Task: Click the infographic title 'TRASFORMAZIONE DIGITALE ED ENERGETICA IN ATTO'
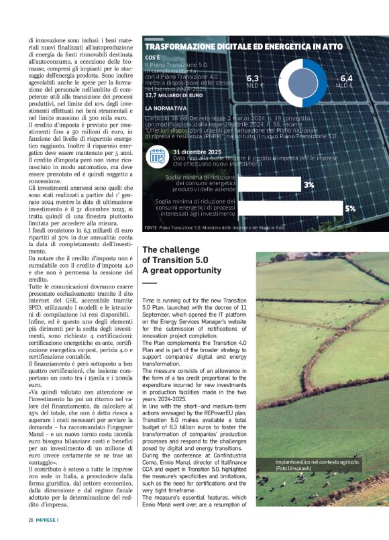coord(234,47)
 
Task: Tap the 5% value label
coord(349,209)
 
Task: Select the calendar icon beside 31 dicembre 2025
coord(158,156)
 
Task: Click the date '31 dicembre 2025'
coord(197,152)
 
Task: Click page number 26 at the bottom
coord(31,520)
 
